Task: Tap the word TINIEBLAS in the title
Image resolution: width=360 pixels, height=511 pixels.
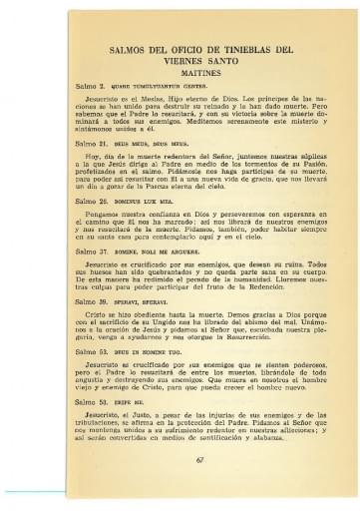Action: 239,47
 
